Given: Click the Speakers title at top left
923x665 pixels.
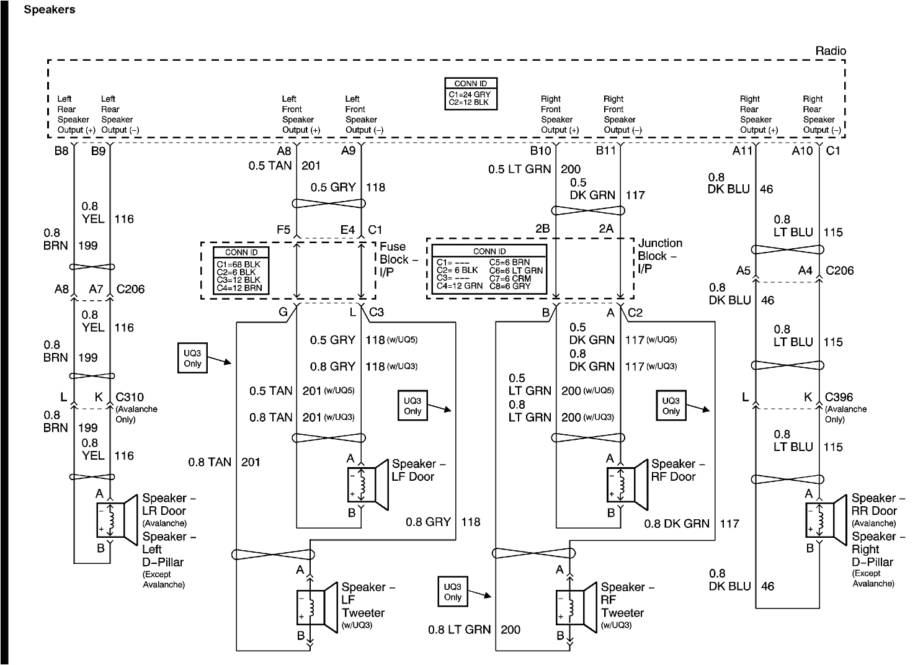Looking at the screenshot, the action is pyautogui.click(x=50, y=9).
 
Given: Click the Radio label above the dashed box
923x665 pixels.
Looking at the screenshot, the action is pyautogui.click(x=831, y=51).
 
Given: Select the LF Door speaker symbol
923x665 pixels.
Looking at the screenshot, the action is pyautogui.click(x=368, y=484).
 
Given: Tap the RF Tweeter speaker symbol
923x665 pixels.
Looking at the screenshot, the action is pyautogui.click(x=576, y=608).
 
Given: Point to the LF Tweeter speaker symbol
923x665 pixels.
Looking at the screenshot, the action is pyautogui.click(x=317, y=608).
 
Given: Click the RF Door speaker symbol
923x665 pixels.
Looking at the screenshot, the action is pyautogui.click(x=627, y=484).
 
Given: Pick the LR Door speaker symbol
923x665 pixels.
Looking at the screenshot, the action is pyautogui.click(x=117, y=520).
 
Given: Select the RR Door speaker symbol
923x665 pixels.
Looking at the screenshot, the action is pyautogui.click(x=826, y=520).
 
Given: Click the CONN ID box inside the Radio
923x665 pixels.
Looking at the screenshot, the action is pyautogui.click(x=471, y=94).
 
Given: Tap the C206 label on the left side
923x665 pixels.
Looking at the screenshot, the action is pyautogui.click(x=131, y=289).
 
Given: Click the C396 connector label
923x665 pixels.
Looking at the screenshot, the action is pyautogui.click(x=839, y=397).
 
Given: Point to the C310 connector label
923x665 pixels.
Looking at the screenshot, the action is pyautogui.click(x=130, y=397).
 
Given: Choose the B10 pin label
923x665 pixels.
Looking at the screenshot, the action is pyautogui.click(x=540, y=151).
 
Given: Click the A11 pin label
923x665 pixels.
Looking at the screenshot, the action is pyautogui.click(x=742, y=151).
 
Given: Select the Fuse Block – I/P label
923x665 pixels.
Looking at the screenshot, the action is pyautogui.click(x=398, y=259).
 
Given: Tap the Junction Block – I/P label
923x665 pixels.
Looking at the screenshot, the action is pyautogui.click(x=660, y=256).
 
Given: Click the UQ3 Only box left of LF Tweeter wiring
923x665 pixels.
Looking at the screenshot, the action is pyautogui.click(x=192, y=358).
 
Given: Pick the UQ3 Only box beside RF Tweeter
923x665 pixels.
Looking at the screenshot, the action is pyautogui.click(x=452, y=592).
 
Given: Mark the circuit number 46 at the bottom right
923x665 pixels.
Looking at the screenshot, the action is pyautogui.click(x=768, y=586).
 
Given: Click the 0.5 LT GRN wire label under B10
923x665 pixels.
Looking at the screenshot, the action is pyautogui.click(x=520, y=169).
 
